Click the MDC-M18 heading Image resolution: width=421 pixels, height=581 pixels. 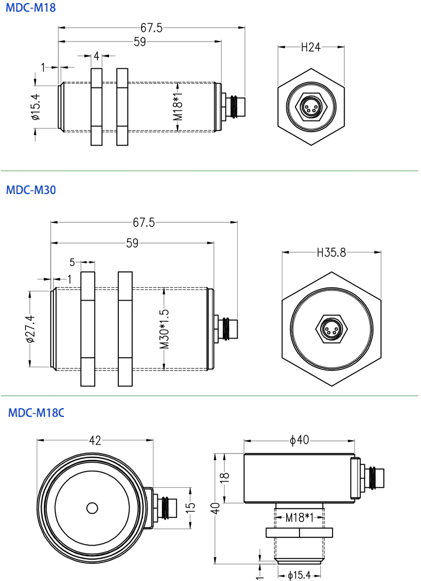(x=31, y=8)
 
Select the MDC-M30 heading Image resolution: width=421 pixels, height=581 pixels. (x=31, y=190)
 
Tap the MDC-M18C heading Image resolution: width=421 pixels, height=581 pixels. (x=36, y=413)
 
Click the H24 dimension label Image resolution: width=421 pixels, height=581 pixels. (x=311, y=47)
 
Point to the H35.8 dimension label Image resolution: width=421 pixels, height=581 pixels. (x=331, y=252)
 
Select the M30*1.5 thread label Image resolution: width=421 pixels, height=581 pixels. (x=164, y=329)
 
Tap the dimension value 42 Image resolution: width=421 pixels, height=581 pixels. (x=95, y=440)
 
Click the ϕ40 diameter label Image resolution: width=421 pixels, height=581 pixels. (x=299, y=440)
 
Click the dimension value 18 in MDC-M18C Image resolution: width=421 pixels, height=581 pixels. (x=225, y=477)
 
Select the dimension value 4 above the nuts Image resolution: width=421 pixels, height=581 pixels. (x=96, y=56)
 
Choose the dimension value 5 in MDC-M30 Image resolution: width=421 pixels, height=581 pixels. (x=72, y=262)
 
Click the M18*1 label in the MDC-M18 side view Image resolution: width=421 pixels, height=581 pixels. (x=178, y=107)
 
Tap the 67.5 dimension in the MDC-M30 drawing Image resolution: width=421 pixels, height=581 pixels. (x=144, y=222)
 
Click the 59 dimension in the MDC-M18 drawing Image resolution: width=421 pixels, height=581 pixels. (x=140, y=42)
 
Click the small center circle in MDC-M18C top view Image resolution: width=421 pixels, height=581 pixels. (x=92, y=508)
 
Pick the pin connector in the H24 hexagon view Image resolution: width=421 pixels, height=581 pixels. (x=311, y=107)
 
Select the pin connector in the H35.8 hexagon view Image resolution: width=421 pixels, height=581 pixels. (x=331, y=329)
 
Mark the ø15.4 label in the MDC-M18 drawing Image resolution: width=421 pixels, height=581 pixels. (x=36, y=107)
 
